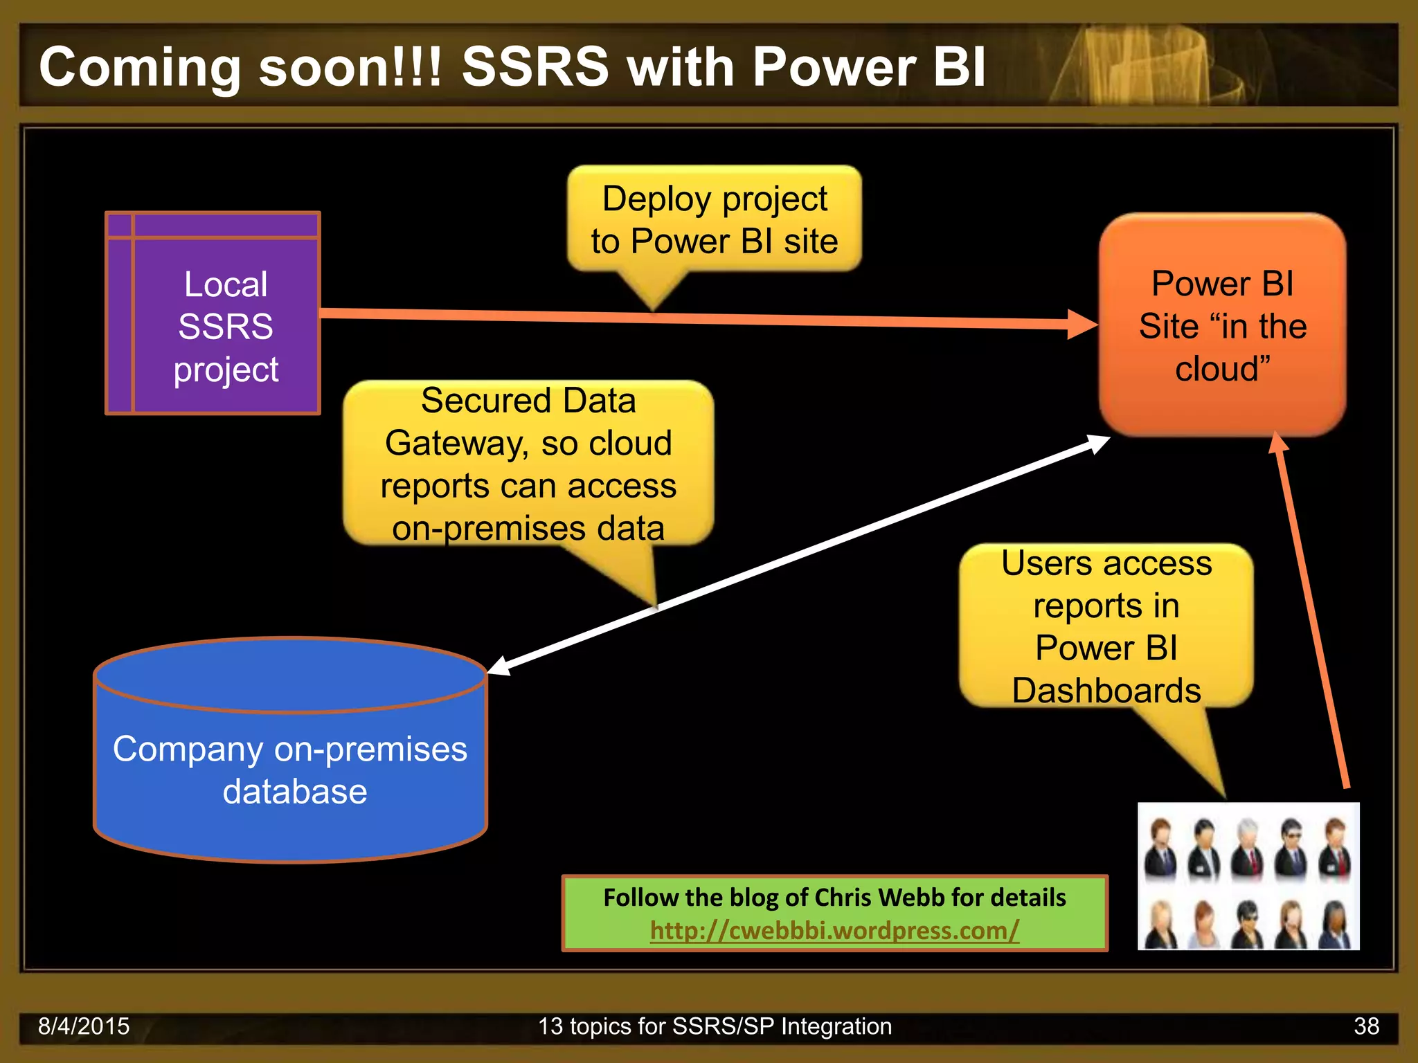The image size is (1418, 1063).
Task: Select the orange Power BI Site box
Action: (x=1222, y=325)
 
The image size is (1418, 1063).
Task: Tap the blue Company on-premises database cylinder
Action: (x=290, y=768)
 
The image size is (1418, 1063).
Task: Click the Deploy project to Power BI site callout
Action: (x=715, y=219)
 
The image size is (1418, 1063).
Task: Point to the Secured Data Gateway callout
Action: (x=528, y=464)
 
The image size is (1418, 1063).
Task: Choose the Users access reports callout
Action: (x=1106, y=626)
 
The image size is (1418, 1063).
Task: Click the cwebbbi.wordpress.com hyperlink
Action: (x=834, y=930)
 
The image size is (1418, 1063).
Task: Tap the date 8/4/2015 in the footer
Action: (x=84, y=1026)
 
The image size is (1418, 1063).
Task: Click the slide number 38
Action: (x=1366, y=1026)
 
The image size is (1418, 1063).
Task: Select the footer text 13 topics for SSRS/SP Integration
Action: (x=715, y=1026)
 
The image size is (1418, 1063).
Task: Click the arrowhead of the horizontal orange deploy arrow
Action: (x=1083, y=324)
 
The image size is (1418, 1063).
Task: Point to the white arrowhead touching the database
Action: (x=500, y=666)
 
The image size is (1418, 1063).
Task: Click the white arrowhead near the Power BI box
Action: (x=1098, y=443)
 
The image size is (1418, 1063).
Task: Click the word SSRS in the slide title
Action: (x=535, y=67)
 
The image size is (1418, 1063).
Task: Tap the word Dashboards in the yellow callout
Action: (x=1106, y=691)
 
